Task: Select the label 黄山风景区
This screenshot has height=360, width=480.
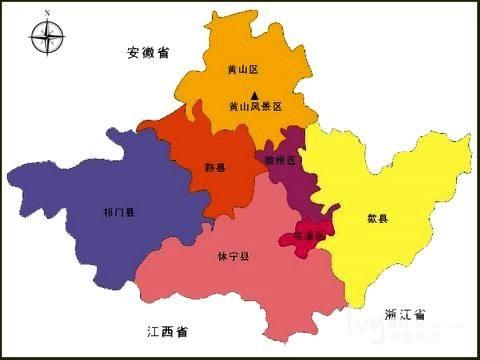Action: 256,106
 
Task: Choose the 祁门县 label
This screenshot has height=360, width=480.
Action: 118,213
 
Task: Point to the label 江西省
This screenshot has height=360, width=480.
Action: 166,329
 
